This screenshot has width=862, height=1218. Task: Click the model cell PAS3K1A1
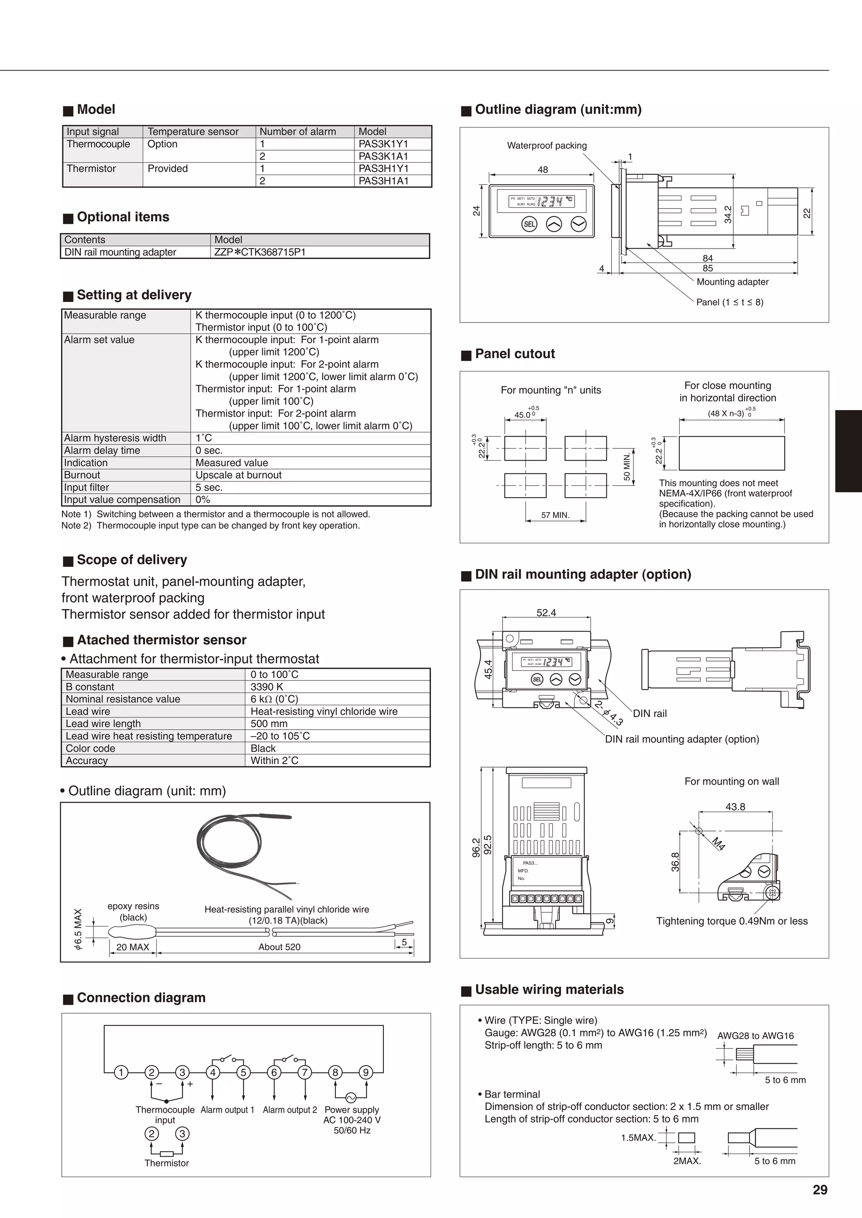coord(383,156)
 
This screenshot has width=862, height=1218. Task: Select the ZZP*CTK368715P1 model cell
coord(260,252)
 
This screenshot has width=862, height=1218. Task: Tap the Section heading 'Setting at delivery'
coord(134,295)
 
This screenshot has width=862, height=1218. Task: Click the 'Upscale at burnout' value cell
coord(238,475)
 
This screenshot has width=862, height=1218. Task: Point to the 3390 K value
coord(266,687)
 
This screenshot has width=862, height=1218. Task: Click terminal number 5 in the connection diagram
coord(244,1072)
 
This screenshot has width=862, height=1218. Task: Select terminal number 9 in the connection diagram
coord(366,1072)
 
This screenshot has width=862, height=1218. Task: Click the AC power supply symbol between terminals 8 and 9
coord(351,1098)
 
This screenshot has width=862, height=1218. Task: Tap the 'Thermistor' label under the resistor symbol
coord(167,1163)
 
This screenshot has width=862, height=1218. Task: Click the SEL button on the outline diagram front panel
coord(529,225)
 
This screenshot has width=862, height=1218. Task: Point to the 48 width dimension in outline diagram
coord(543,170)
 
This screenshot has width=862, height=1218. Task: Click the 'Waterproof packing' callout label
coord(547,146)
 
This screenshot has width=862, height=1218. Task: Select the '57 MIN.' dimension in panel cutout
coord(555,515)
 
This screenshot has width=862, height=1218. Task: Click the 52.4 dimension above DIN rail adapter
coord(546,613)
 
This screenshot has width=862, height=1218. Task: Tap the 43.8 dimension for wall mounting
coord(735,807)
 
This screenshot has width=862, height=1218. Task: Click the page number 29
coord(819,1190)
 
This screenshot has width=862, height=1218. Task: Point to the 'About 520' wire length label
coord(279,947)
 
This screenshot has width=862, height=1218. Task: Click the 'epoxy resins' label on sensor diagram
coord(133,906)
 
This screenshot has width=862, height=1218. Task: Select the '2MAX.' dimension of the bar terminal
coord(687,1161)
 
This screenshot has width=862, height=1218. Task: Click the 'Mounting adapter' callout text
coord(732,282)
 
